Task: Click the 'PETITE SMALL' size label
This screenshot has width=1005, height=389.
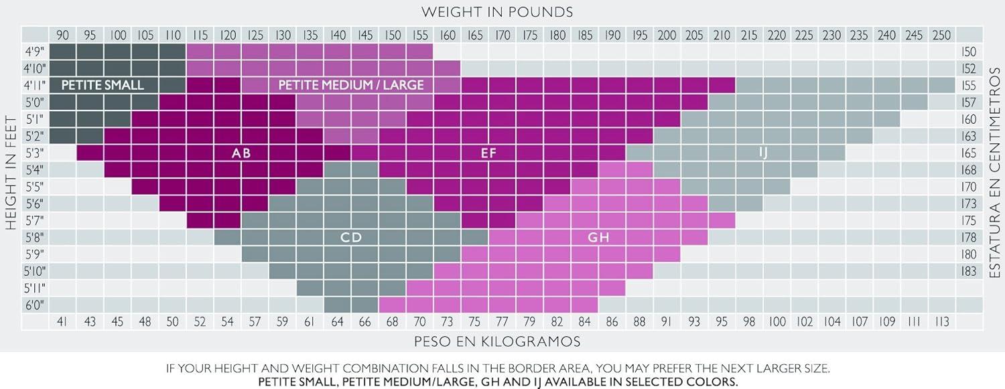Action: [x=103, y=85]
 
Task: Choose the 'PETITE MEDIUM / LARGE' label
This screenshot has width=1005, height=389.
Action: [x=351, y=85]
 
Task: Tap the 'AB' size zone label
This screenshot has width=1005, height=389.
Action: [x=241, y=153]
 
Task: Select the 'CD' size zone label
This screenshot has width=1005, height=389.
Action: [x=351, y=237]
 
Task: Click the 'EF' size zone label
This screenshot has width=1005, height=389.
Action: [x=488, y=153]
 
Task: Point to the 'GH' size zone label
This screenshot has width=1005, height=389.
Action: [x=598, y=237]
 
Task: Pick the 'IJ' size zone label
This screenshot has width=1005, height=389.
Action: [x=762, y=153]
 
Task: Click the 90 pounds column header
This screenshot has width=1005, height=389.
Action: [x=63, y=34]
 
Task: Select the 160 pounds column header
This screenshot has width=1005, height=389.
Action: [x=447, y=34]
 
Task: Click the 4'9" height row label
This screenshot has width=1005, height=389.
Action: [x=35, y=52]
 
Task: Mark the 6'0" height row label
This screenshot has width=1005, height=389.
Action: [x=35, y=305]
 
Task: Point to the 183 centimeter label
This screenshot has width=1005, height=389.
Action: [x=968, y=270]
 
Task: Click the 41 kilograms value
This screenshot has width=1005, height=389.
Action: [x=63, y=322]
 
